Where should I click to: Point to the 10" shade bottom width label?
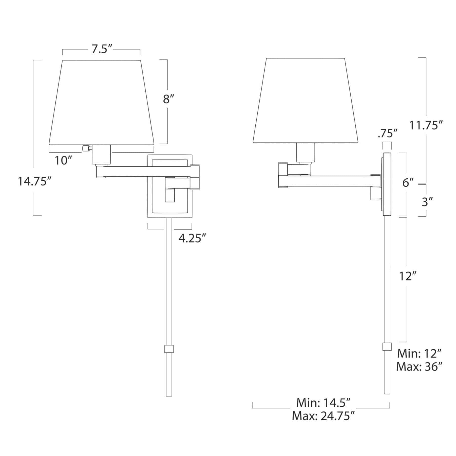coord(64,161)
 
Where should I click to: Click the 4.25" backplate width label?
coord(192,238)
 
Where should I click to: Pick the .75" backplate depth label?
coord(387,134)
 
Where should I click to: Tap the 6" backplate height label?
coord(408,183)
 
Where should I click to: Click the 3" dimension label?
coord(427,202)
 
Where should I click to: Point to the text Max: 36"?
coord(419,367)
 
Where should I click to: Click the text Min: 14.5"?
coord(323,403)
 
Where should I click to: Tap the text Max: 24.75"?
coord(323,416)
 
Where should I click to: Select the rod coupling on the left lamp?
coord(169,349)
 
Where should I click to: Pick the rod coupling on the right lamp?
coord(387,347)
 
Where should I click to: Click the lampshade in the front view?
coord(102,103)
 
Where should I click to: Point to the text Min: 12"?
coord(419,353)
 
